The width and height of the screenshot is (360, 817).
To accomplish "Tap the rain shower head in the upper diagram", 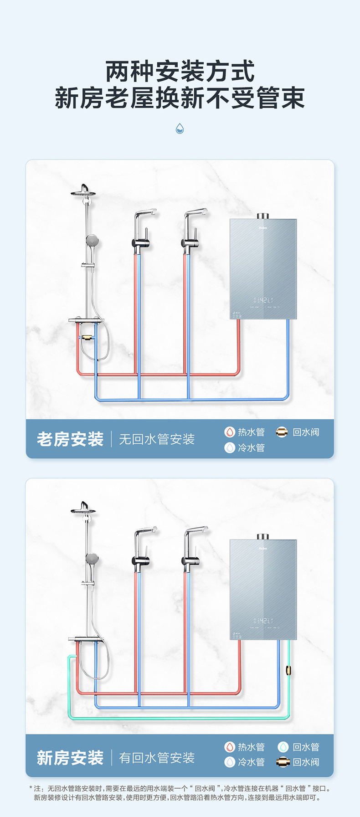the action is tap(83, 191).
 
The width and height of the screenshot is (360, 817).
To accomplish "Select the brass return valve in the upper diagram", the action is tap(86, 338).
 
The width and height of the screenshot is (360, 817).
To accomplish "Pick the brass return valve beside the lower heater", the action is tap(288, 670).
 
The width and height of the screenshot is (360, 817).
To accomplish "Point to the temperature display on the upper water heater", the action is tap(263, 300).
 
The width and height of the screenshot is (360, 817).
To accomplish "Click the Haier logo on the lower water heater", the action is tap(263, 548).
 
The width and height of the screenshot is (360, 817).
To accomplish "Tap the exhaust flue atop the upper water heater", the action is tap(263, 216).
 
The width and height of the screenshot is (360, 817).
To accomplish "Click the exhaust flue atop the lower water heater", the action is tap(263, 536).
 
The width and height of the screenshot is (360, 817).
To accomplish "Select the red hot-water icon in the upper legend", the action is tap(230, 432).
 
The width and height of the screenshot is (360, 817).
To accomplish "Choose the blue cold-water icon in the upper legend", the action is tap(230, 447).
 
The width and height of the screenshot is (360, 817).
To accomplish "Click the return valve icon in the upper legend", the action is tap(282, 432).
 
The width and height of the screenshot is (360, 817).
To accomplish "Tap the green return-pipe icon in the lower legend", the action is tap(283, 747).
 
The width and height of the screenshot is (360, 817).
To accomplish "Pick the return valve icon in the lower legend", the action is tap(283, 762).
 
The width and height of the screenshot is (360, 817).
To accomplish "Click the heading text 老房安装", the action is tap(70, 439).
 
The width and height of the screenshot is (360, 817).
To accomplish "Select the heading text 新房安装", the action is tap(70, 758).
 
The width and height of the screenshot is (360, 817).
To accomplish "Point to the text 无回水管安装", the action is tap(157, 439).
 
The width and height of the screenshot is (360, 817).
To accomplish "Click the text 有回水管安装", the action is tap(157, 758).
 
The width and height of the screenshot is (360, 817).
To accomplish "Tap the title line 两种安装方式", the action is tap(180, 72).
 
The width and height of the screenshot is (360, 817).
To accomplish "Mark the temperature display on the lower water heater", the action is tap(263, 621).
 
